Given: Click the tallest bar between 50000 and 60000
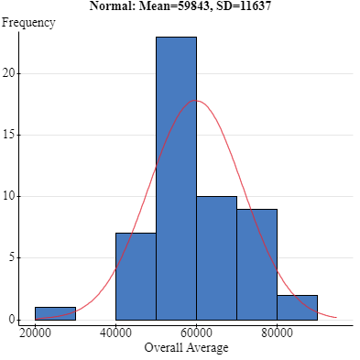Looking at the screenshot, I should tap(176, 179).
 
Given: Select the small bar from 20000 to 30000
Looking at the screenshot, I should tap(55, 313).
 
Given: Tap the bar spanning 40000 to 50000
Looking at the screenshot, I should tap(136, 276).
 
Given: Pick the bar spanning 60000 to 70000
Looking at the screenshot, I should tap(216, 257).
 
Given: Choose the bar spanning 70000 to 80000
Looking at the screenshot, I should tap(256, 264).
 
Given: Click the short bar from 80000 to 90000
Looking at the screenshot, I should tap(297, 307).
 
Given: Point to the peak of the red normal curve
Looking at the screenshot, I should tap(195, 100).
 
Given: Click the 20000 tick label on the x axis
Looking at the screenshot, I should tap(35, 333).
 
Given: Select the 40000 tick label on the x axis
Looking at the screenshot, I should tap(115, 333).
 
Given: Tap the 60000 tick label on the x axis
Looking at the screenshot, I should tap(196, 333).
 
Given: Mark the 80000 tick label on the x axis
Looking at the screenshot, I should tap(277, 333).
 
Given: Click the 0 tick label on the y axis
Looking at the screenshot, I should tap(13, 319).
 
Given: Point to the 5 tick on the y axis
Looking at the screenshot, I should tap(13, 257).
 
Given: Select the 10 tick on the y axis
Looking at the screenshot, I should tap(10, 196).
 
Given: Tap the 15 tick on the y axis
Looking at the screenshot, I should tap(10, 135).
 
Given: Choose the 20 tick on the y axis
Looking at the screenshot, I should tap(10, 73).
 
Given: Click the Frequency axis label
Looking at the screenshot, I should tap(27, 23).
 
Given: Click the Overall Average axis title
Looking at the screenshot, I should tap(186, 347).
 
